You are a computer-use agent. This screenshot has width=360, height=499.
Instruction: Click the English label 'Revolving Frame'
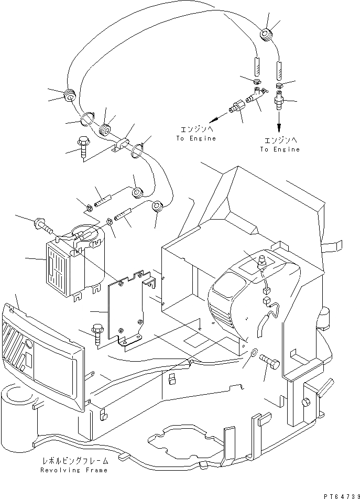[74, 470]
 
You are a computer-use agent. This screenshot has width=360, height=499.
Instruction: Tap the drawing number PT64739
[342, 496]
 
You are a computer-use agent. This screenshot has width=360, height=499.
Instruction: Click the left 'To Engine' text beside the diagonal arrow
[196, 138]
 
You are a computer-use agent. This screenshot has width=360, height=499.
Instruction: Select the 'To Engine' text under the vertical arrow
[280, 149]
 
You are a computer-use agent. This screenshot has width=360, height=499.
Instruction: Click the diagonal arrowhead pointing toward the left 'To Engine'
[214, 121]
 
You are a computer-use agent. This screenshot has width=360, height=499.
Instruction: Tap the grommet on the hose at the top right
[266, 35]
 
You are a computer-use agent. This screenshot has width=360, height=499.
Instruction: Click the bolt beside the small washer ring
[270, 361]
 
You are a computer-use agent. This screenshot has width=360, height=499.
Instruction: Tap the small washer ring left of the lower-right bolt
[254, 353]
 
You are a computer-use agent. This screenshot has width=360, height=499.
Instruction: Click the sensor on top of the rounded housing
[263, 260]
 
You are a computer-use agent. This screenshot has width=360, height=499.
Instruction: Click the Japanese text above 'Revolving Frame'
[74, 461]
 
